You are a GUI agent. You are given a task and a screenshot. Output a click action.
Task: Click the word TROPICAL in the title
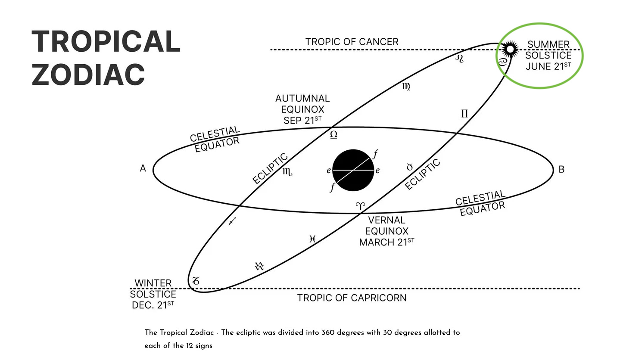(x=106, y=42)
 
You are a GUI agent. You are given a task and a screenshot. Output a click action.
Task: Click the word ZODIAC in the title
(x=88, y=74)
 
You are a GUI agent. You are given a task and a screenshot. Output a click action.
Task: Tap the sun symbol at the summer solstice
(x=510, y=49)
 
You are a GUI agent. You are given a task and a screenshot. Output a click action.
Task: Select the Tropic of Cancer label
(x=352, y=42)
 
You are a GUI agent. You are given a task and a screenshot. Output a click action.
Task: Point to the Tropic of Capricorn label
(x=352, y=298)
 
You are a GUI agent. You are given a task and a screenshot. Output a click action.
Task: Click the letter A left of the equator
(x=143, y=169)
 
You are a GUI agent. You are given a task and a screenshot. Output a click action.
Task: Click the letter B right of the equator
(x=561, y=169)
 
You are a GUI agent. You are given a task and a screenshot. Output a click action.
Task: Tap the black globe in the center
(x=353, y=170)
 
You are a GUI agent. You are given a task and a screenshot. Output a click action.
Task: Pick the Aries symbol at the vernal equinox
(x=360, y=206)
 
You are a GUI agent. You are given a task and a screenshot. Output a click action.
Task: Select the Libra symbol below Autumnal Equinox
(x=333, y=135)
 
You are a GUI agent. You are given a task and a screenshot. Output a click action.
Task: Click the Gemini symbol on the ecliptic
(x=464, y=114)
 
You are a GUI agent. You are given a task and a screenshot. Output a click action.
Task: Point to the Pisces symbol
(x=313, y=239)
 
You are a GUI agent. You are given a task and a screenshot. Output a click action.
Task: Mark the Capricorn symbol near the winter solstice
(x=196, y=281)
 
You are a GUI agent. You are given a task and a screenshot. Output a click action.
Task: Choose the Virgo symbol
(x=406, y=87)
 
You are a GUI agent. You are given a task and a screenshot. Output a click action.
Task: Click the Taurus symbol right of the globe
(x=410, y=167)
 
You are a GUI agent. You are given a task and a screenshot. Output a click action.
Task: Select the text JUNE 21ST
(x=548, y=66)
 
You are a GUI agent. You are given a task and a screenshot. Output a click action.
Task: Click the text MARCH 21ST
(x=386, y=242)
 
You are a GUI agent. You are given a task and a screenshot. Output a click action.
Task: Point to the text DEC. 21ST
(x=153, y=305)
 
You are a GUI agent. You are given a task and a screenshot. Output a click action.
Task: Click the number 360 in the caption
(x=328, y=332)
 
